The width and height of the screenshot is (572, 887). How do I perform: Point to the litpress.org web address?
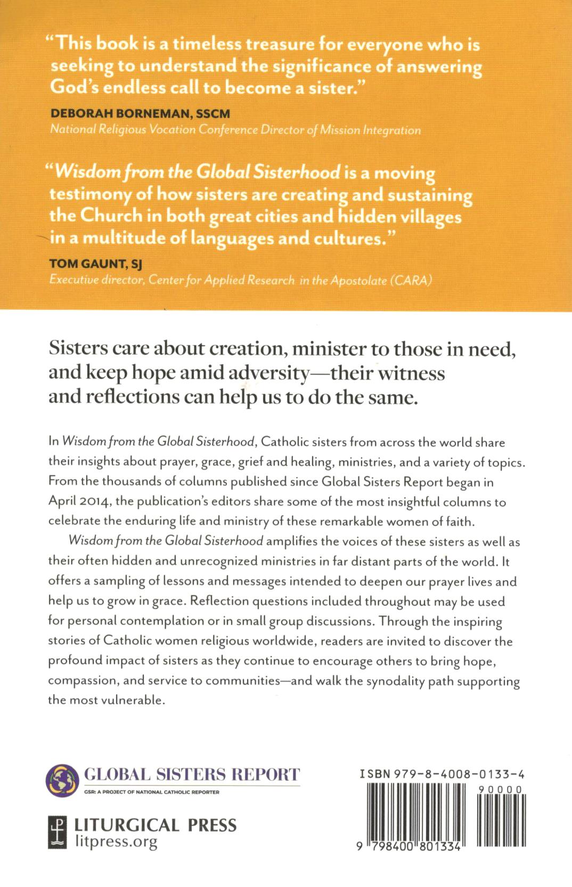116,841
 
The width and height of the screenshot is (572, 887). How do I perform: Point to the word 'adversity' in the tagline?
268,373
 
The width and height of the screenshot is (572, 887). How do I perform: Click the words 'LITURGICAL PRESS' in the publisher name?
155,825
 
